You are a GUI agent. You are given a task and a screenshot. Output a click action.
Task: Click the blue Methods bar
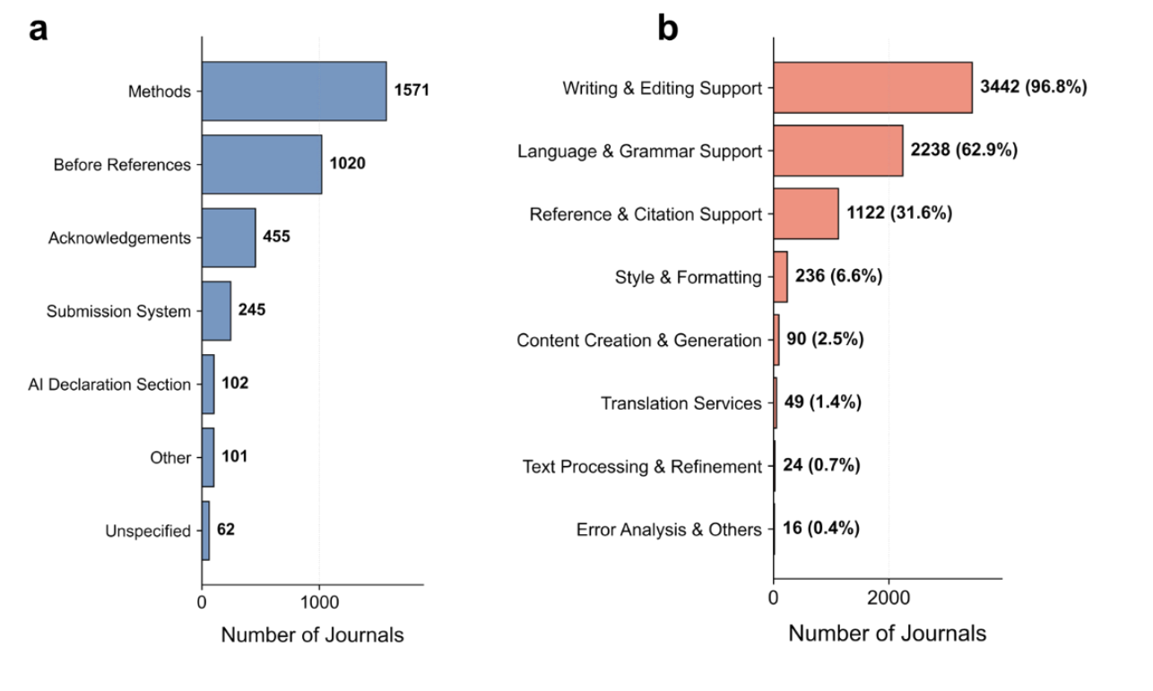point(293,91)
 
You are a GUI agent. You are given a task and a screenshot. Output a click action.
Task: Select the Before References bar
point(261,165)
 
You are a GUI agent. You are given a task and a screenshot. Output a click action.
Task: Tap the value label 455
point(276,238)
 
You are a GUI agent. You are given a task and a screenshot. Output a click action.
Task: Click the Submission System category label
point(118,312)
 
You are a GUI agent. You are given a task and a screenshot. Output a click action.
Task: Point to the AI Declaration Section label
point(109,384)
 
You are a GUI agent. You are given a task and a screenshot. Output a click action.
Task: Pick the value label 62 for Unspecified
point(226,530)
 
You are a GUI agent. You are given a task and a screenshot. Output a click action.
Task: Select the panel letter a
point(39,29)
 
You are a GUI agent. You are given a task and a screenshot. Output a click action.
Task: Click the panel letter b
point(668,29)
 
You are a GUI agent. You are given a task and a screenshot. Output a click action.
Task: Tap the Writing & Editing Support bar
point(872,88)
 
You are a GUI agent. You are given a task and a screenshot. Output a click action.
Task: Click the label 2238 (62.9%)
point(964,151)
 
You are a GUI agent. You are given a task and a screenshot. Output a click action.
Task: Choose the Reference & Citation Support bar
point(805,213)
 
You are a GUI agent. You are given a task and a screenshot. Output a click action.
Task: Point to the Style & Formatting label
point(688,277)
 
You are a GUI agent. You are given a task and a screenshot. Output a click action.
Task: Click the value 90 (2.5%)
point(825,340)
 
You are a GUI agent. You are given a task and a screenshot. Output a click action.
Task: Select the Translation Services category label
point(681,403)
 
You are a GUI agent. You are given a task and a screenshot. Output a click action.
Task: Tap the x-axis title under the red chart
point(887,634)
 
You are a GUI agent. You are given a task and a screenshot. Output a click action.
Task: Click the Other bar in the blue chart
point(207,457)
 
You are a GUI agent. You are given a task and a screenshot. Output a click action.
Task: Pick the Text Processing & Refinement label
point(642,466)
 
